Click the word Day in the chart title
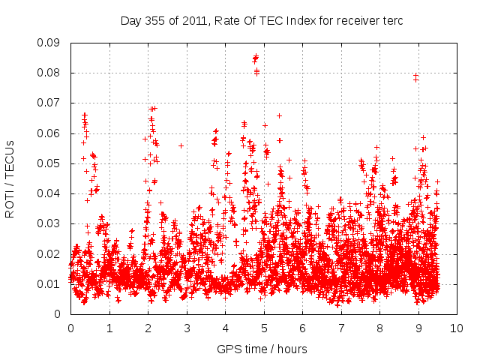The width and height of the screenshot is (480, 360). [130, 21]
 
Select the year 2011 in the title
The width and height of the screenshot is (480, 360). [191, 21]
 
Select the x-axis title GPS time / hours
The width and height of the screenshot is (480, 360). [262, 349]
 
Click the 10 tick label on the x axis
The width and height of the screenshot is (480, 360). [457, 328]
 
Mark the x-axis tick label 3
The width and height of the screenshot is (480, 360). [187, 328]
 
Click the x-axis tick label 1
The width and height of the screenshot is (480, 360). [109, 328]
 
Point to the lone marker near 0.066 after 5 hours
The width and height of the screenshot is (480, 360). [279, 115]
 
